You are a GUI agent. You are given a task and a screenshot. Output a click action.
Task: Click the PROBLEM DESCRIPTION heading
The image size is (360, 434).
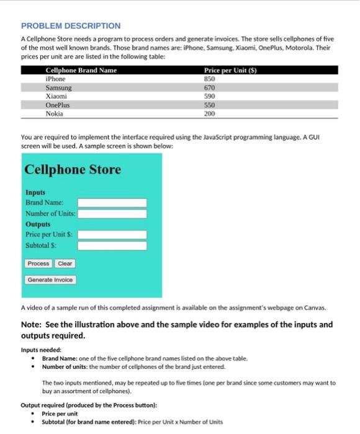click(71, 26)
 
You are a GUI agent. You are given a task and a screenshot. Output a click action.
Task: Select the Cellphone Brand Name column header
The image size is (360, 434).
click(81, 71)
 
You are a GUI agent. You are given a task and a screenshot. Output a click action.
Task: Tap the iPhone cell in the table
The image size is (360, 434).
click(56, 79)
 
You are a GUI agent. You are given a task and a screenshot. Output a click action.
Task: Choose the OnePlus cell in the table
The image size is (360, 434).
click(58, 105)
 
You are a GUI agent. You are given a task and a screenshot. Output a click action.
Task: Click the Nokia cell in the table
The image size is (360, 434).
click(55, 114)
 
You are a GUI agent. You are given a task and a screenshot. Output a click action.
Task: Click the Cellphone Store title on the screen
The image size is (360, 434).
click(73, 169)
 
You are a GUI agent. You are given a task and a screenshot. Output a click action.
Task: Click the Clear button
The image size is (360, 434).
click(65, 263)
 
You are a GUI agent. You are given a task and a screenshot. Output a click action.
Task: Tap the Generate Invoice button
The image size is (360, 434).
click(50, 280)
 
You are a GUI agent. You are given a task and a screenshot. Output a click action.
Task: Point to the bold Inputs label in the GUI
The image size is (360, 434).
click(35, 193)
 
